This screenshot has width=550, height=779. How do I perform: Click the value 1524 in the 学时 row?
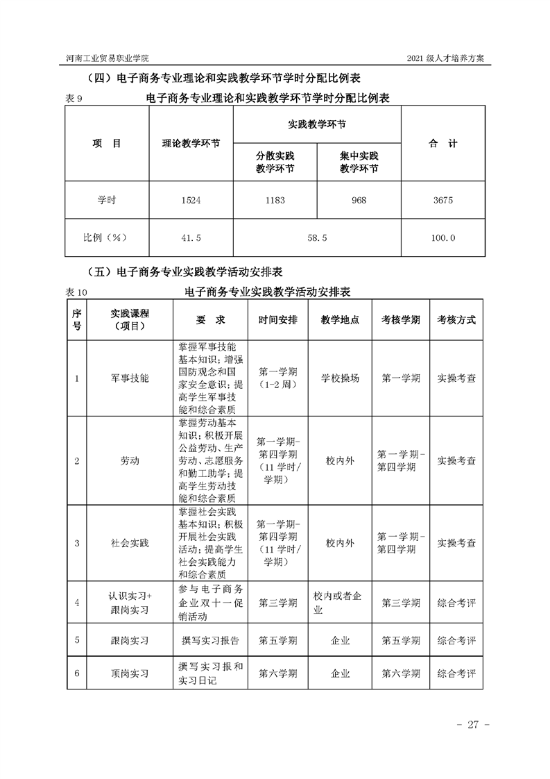(x=191, y=200)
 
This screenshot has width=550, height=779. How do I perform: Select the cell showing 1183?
(x=275, y=200)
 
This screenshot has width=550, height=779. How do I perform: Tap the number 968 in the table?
(x=359, y=200)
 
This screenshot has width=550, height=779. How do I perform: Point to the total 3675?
(x=442, y=200)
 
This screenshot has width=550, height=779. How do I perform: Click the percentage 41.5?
(x=191, y=237)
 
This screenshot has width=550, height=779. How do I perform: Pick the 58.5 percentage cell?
(x=317, y=237)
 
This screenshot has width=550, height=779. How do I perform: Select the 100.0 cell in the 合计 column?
(x=442, y=237)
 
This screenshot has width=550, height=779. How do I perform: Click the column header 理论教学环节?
(x=191, y=144)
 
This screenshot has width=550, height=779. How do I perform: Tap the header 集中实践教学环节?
(x=359, y=162)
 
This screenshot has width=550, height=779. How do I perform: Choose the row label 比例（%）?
(x=107, y=237)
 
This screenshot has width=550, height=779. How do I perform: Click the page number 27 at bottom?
(x=474, y=725)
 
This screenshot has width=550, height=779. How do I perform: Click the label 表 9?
(x=74, y=99)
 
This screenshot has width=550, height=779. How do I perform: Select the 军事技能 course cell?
(x=130, y=378)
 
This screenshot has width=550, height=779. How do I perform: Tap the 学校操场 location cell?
(x=340, y=378)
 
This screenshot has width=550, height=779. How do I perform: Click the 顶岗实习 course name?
(x=130, y=673)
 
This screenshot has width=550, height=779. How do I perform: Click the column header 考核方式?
(x=456, y=320)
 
